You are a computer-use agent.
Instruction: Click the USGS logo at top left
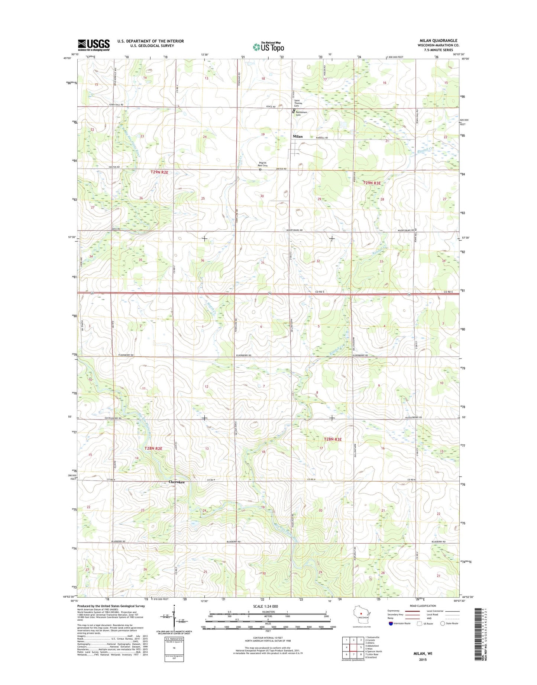pos(94,45)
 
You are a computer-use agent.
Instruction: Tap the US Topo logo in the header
pos(268,47)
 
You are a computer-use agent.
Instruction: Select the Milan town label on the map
pos(297,136)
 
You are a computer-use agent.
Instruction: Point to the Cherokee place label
pos(177,482)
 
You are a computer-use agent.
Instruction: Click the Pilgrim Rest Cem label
pos(263,164)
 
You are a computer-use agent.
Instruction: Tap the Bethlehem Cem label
pos(301,113)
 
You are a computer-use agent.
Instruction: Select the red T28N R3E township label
pos(333,439)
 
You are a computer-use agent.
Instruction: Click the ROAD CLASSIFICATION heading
pos(423,606)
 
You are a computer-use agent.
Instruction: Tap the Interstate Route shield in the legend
pos(391,623)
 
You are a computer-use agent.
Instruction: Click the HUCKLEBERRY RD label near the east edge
pos(413,417)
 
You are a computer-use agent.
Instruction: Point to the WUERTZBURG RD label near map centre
pos(294,231)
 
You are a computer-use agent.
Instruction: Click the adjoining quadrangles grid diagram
pos(353,647)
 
